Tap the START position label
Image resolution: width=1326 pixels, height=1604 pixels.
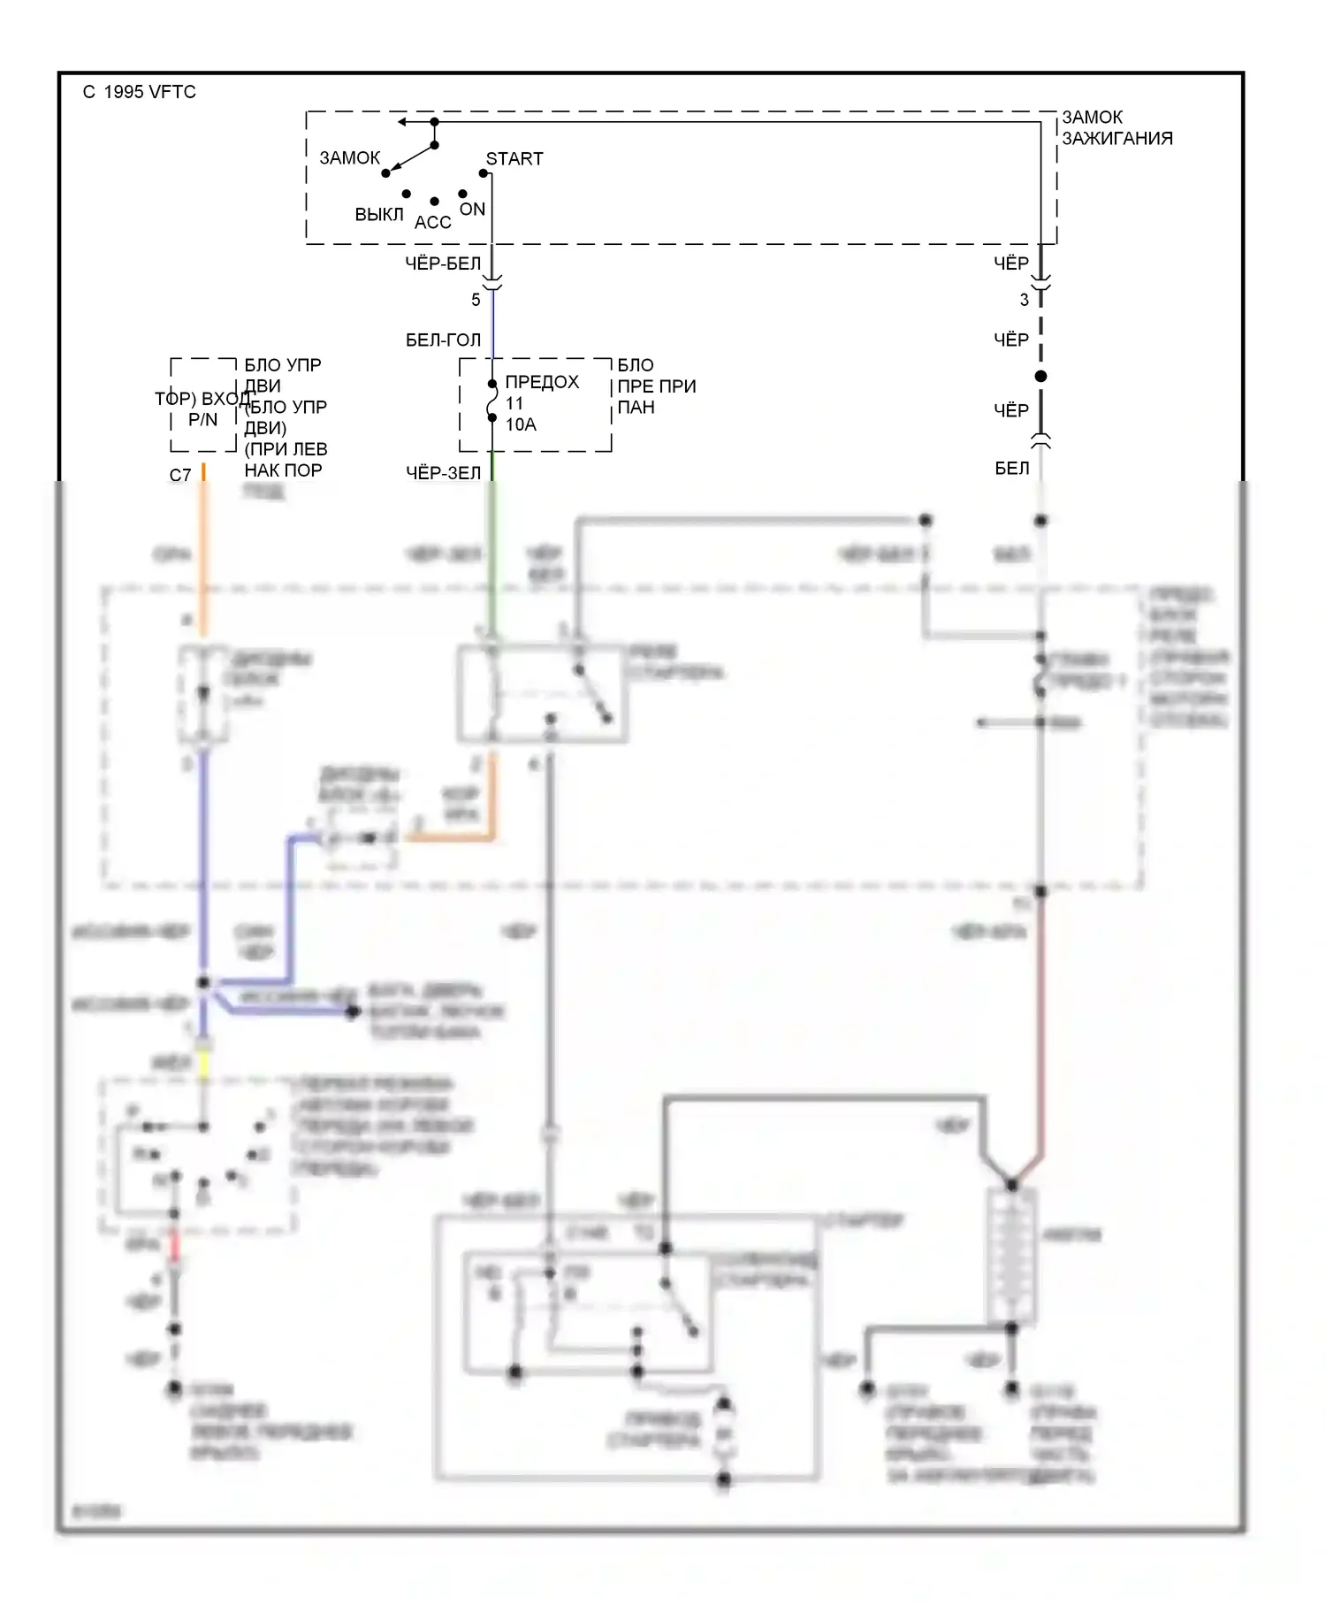tap(514, 159)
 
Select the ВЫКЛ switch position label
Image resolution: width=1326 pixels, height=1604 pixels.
tap(379, 215)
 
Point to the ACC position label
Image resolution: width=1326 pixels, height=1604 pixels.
tap(433, 223)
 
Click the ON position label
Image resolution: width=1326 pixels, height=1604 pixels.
tap(472, 210)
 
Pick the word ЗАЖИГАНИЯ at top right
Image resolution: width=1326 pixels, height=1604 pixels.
tap(1117, 139)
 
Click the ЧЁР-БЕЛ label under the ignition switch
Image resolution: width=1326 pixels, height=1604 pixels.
tap(443, 264)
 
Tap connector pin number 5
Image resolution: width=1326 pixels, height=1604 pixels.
tap(476, 300)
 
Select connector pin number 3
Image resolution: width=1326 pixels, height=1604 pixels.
tap(1025, 300)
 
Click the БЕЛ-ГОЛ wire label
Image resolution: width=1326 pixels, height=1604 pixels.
tap(443, 340)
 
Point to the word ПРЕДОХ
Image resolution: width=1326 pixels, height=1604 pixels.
tap(542, 382)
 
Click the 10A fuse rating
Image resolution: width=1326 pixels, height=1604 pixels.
tap(521, 424)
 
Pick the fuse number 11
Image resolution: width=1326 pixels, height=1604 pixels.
tap(514, 403)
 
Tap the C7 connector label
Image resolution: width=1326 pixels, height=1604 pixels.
tap(179, 476)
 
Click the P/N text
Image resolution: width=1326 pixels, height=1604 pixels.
tap(202, 420)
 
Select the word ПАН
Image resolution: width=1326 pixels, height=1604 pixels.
tap(636, 408)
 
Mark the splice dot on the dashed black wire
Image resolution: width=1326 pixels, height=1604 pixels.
tap(1040, 377)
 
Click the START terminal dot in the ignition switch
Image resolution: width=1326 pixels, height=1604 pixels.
tap(484, 173)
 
